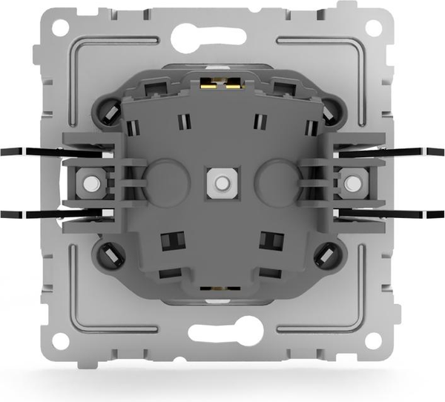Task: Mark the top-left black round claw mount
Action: point(108,111)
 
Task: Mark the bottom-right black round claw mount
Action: point(329,256)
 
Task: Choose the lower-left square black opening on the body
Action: point(173,240)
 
